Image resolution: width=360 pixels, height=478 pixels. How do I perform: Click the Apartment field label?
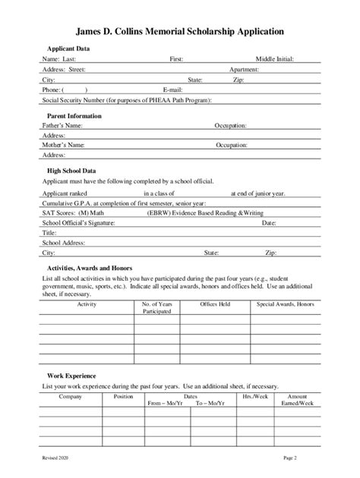245,69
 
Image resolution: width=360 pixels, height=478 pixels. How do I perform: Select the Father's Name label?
62,124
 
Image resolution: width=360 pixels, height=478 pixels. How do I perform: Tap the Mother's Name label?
63,144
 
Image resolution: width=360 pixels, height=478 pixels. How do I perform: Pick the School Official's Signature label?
83,223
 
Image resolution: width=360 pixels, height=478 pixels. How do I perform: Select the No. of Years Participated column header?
157,307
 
